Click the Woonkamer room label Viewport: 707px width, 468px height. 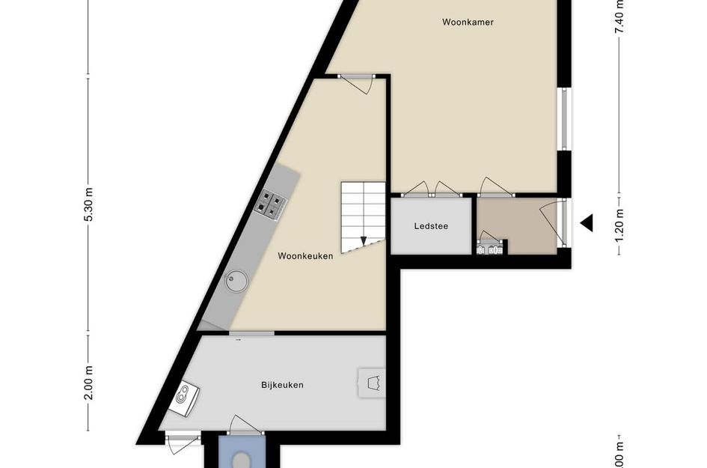468,22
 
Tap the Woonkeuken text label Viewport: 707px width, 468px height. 305,256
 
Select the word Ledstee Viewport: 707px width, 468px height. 431,225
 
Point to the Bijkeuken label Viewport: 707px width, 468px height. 282,385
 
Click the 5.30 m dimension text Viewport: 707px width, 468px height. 88,204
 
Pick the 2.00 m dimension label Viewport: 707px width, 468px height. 88,383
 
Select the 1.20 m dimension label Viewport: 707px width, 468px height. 619,222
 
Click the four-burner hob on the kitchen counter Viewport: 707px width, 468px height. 272,204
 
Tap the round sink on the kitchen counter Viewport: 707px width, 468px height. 236,281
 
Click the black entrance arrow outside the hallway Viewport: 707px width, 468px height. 587,222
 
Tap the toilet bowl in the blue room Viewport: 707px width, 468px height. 241,458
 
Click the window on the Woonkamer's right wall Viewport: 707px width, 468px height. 566,120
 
